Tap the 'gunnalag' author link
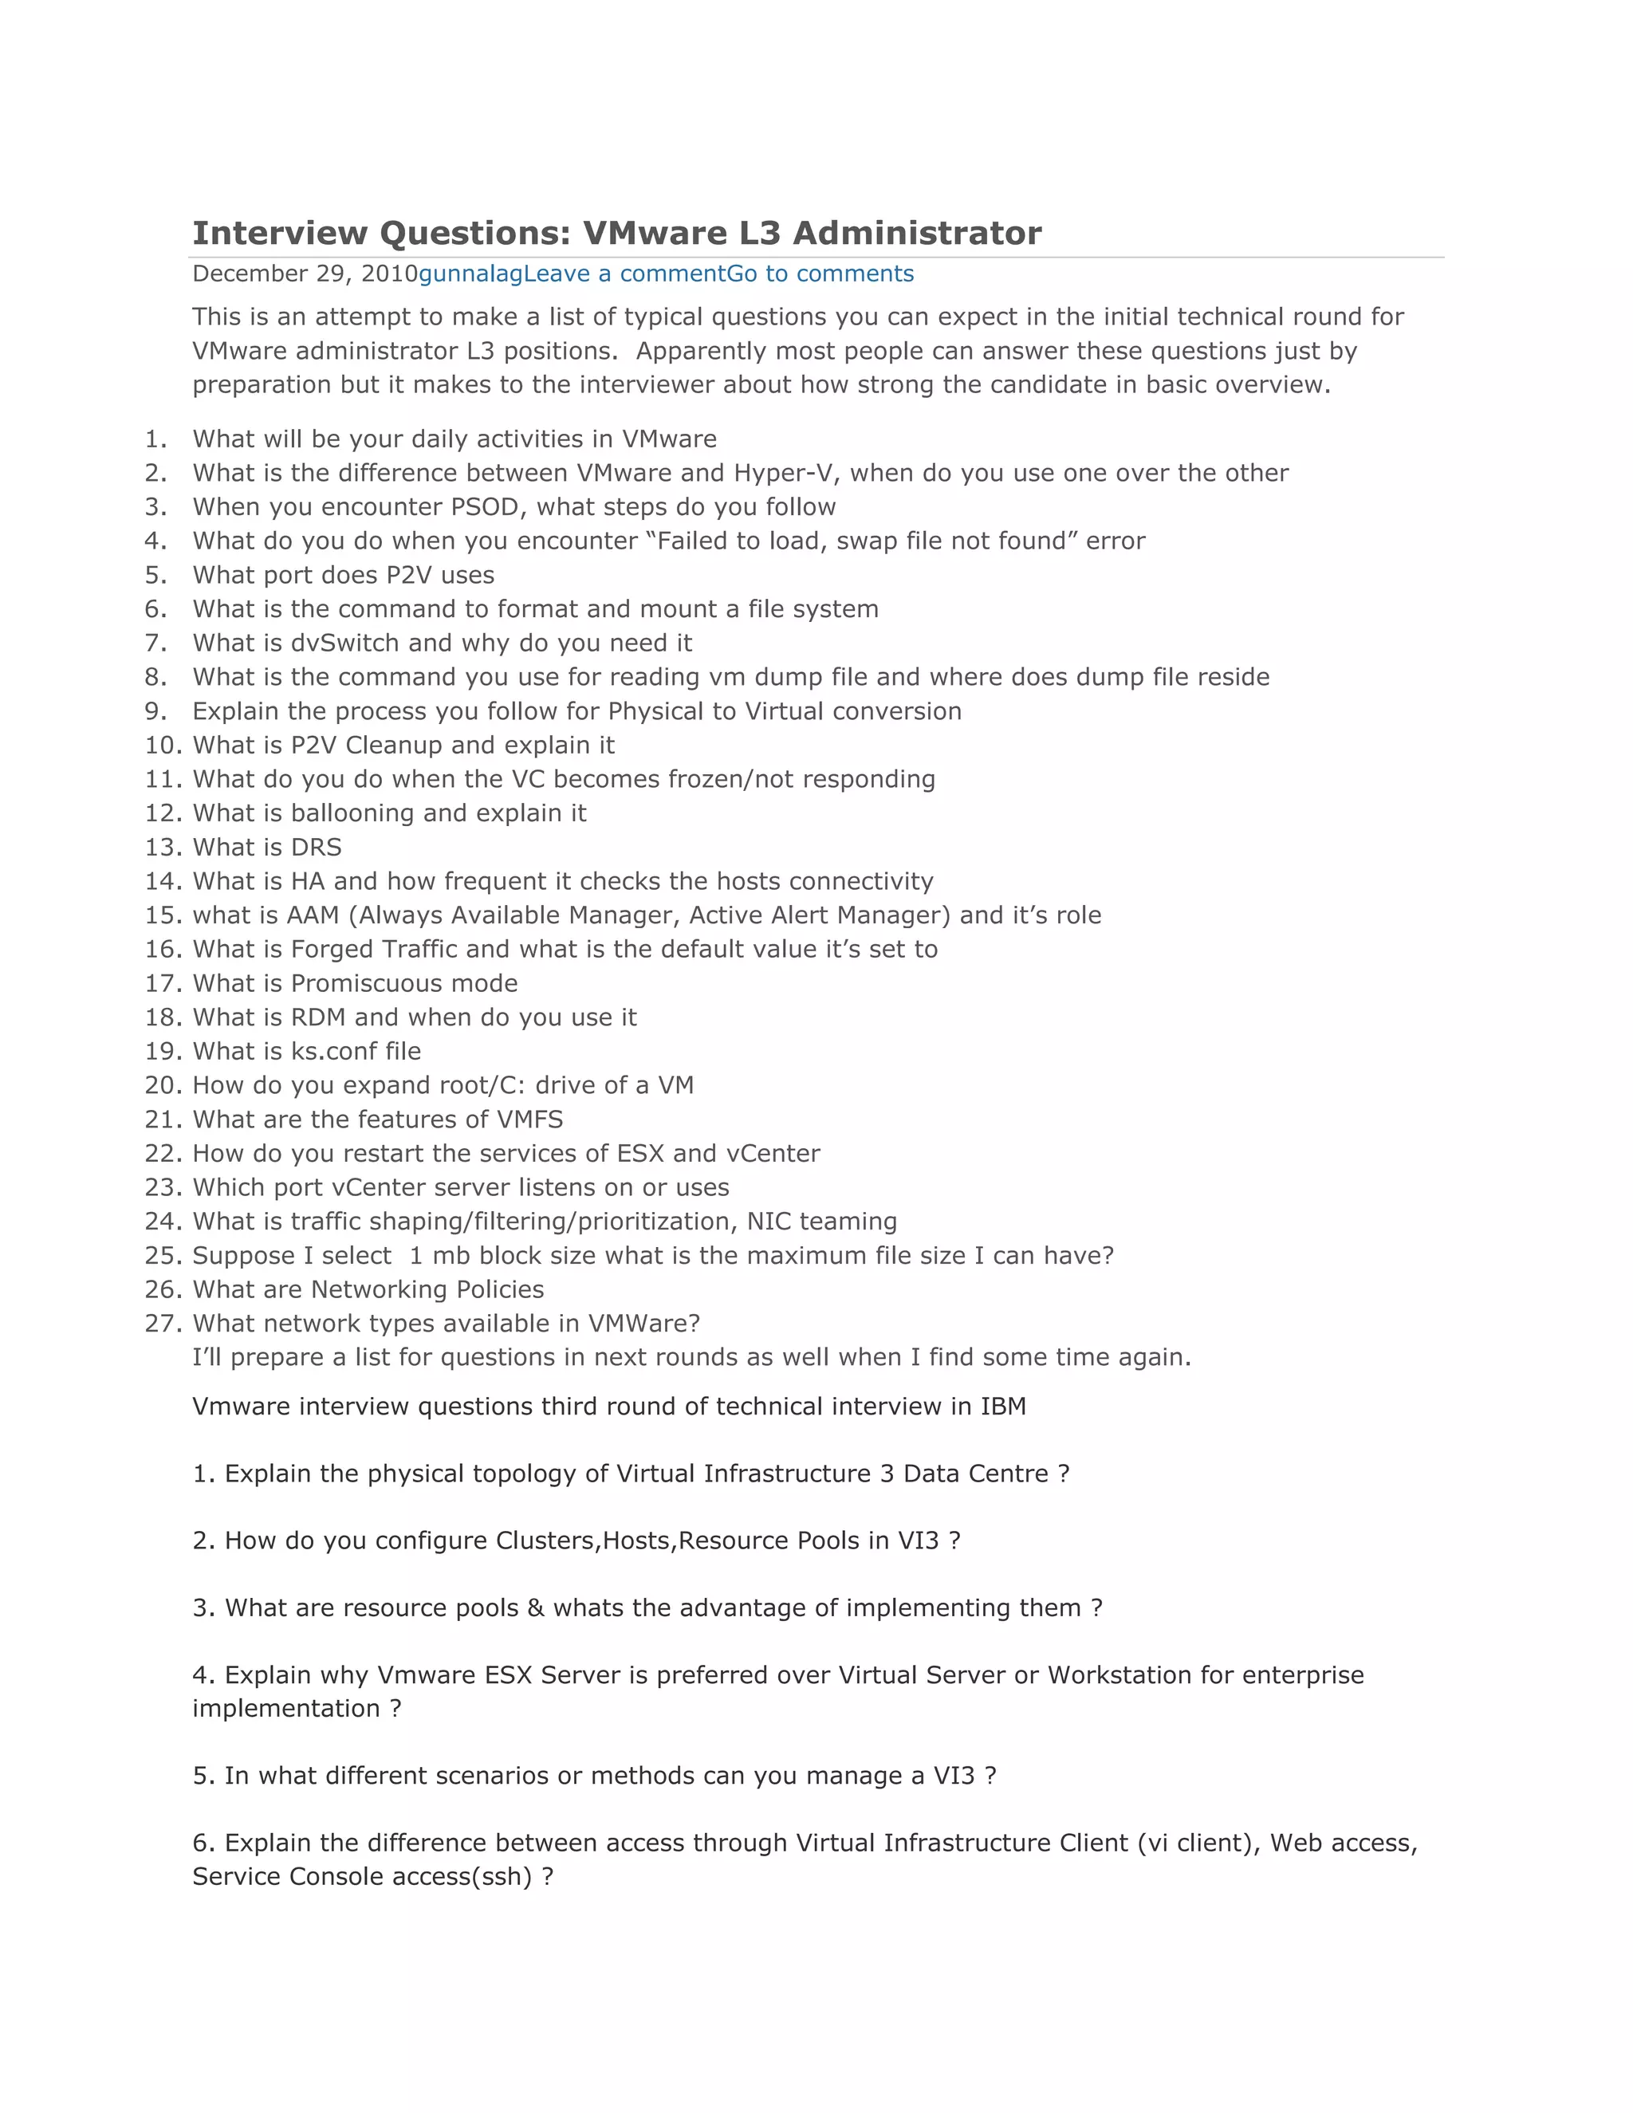click(x=470, y=273)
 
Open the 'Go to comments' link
click(x=820, y=273)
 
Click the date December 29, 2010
click(x=305, y=273)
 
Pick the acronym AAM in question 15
click(x=313, y=915)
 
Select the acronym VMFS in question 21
click(x=529, y=1119)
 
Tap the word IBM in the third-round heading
click(x=1003, y=1407)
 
